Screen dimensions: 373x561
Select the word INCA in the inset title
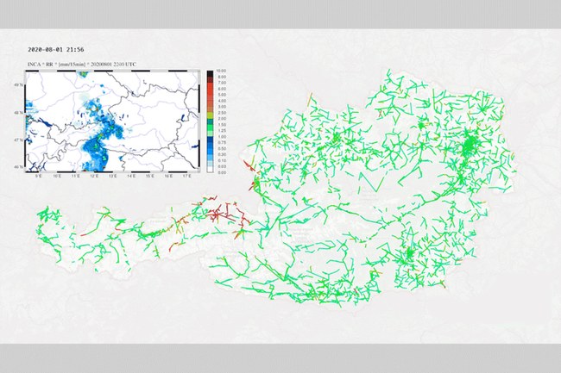[35, 65]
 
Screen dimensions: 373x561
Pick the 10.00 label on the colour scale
[222, 71]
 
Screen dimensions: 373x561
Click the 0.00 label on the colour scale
[222, 172]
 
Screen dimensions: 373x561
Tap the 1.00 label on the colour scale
[222, 142]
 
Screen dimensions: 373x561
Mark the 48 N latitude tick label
[21, 113]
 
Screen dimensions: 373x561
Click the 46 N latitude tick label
[21, 166]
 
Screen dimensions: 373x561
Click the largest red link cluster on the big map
[226, 209]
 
